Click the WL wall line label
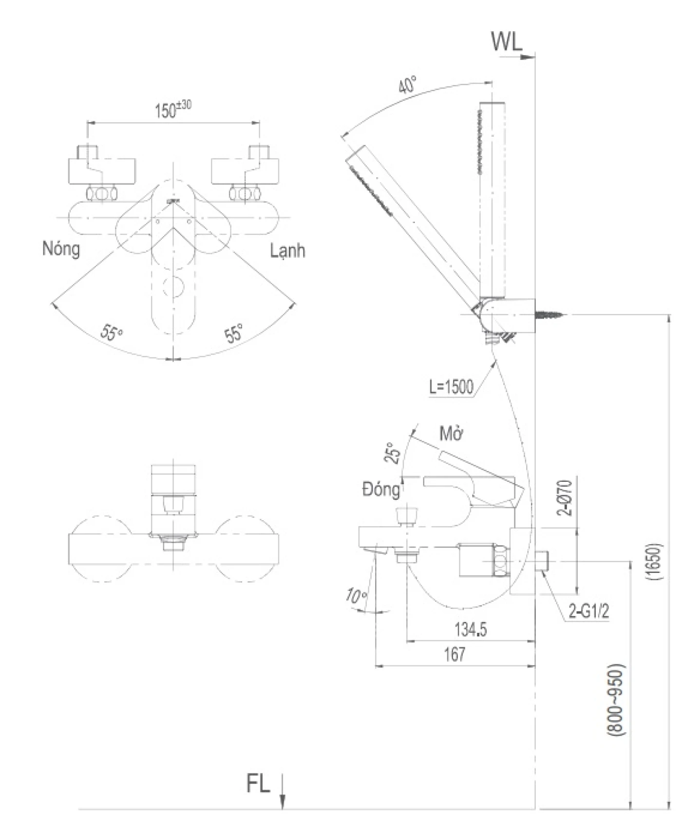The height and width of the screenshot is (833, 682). [x=506, y=42]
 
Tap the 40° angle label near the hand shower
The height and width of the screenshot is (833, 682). [x=407, y=85]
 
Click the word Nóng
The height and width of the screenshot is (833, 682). [x=61, y=249]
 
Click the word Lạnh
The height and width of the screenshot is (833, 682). [x=287, y=251]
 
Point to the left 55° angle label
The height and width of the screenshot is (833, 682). [x=112, y=333]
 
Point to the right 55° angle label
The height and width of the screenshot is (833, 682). [x=234, y=334]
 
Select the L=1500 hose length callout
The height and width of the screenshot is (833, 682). [x=451, y=387]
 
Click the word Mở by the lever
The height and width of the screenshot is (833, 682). [x=451, y=434]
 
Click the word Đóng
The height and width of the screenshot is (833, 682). [x=380, y=489]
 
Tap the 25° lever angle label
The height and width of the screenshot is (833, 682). [x=393, y=453]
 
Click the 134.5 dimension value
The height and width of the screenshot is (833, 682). [x=471, y=629]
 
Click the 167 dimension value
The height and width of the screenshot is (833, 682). [x=455, y=654]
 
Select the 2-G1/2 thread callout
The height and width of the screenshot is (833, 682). [x=589, y=611]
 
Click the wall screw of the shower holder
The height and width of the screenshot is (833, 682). [x=551, y=316]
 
